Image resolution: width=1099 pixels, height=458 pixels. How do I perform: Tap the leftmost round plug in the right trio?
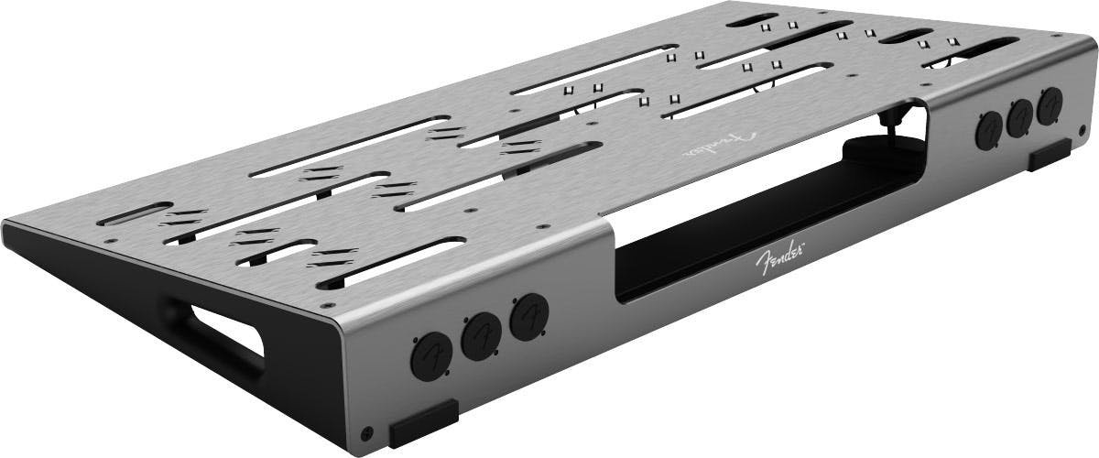click(x=989, y=130)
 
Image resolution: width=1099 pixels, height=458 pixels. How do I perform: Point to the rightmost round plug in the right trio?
click(x=1050, y=104)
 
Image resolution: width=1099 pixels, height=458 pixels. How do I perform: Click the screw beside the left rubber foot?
click(x=367, y=431)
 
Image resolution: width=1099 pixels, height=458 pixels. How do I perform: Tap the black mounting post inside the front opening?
click(x=890, y=117)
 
